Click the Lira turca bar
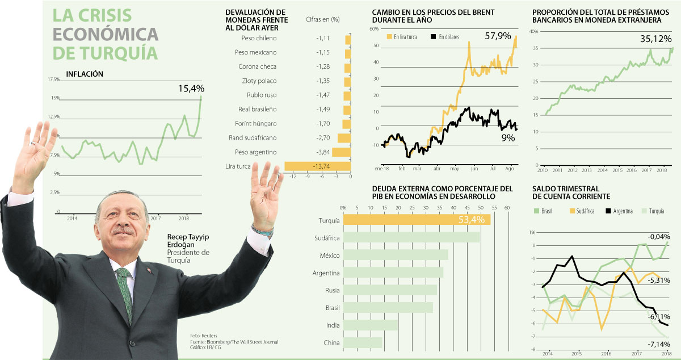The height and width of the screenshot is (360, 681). click(x=317, y=166)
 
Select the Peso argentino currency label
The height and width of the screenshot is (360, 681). click(x=255, y=152)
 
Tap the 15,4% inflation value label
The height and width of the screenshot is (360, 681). click(x=191, y=89)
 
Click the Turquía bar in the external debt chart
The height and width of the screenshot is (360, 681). click(x=417, y=220)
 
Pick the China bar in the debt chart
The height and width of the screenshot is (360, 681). click(x=363, y=342)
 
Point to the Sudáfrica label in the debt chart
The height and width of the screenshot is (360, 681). click(x=327, y=238)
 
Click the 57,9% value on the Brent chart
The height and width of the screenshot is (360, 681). click(x=498, y=36)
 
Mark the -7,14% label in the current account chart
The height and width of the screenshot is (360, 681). click(x=658, y=344)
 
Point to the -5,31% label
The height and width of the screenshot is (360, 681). click(x=658, y=281)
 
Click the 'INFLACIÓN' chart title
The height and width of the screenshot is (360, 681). click(x=85, y=73)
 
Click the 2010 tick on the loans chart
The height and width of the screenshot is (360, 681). click(x=543, y=170)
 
